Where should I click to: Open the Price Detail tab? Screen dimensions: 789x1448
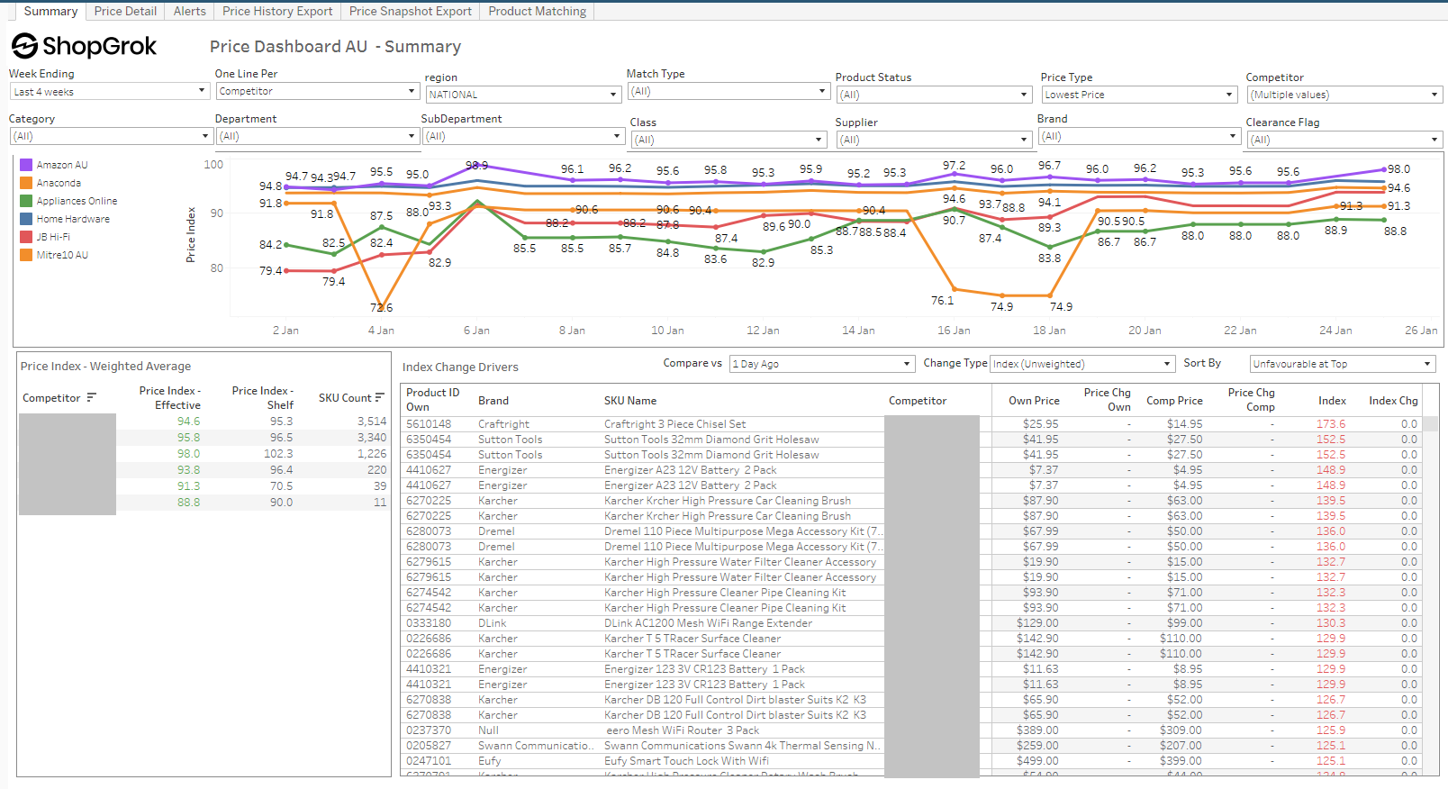click(x=125, y=11)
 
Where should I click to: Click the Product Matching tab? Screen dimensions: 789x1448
click(x=537, y=11)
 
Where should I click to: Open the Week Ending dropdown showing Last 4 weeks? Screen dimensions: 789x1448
click(x=109, y=92)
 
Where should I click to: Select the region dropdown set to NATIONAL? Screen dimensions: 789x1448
click(x=523, y=95)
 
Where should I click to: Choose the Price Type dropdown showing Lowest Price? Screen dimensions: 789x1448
click(x=1139, y=95)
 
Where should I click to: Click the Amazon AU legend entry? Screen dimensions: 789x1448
click(x=61, y=165)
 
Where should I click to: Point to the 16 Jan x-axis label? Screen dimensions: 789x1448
click(x=954, y=331)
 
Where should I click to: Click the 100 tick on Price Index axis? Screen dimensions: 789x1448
click(x=213, y=165)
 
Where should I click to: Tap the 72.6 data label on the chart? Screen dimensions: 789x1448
click(x=381, y=308)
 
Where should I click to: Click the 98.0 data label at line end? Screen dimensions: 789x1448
click(x=1398, y=169)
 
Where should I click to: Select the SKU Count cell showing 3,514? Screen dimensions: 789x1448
click(x=371, y=422)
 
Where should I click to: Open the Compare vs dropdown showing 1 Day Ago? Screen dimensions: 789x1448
click(x=821, y=364)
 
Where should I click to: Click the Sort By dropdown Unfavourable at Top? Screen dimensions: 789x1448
click(x=1341, y=364)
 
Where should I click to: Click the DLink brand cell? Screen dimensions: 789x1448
click(x=493, y=623)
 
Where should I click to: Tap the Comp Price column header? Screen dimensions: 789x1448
click(x=1173, y=401)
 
